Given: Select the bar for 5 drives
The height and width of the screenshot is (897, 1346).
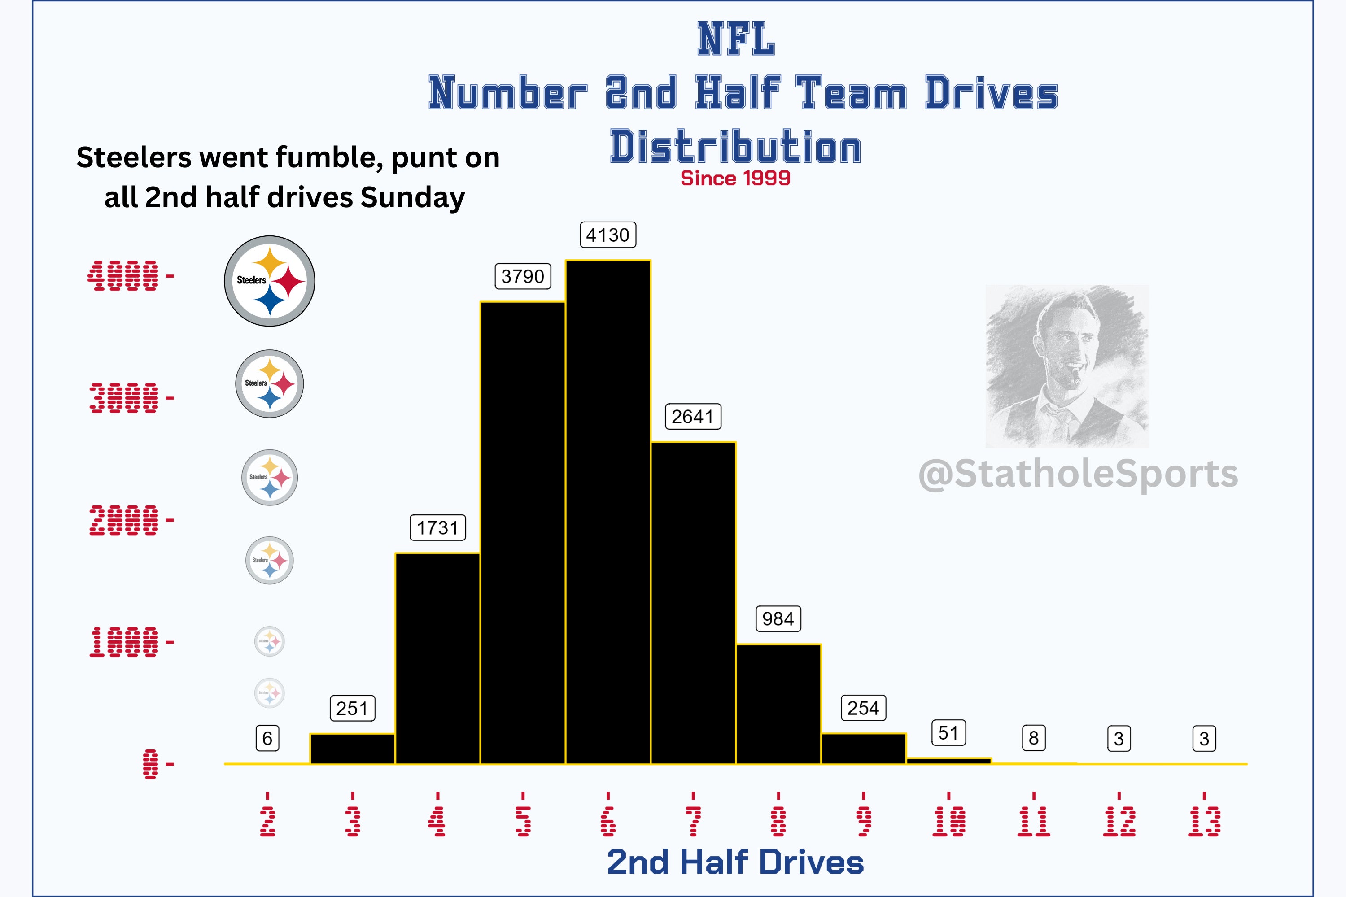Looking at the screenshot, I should coord(523,532).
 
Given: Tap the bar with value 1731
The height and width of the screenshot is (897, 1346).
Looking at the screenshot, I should coord(437,658).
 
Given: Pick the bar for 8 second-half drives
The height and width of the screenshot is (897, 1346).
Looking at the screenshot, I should coord(778,704).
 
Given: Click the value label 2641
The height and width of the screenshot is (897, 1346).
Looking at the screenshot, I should coord(692,417).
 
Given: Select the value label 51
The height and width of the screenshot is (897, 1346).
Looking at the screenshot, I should coord(948,733).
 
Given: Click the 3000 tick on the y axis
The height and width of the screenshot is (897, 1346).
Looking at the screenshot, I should coord(124,398).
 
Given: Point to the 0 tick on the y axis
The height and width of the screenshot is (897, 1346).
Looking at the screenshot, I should coord(150,764).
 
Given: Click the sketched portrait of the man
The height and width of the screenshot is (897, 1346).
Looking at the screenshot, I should coord(1067,366).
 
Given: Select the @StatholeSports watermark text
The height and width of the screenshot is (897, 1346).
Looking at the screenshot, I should coord(1078,474).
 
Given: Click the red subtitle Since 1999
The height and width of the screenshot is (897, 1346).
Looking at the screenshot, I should coord(735,179).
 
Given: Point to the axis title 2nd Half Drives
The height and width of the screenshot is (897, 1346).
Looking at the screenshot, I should coord(735,862).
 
